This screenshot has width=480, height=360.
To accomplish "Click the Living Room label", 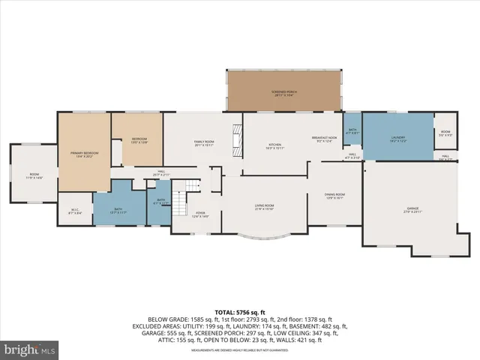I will [263, 207].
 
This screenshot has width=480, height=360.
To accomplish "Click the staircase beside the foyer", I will [178, 200].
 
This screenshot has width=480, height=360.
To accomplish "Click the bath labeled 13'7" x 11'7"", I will [118, 210].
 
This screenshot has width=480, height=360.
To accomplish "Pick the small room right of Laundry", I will [445, 133].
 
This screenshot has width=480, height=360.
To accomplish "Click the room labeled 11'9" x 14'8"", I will [34, 176].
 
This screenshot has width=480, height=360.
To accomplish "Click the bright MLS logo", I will [30, 349].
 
